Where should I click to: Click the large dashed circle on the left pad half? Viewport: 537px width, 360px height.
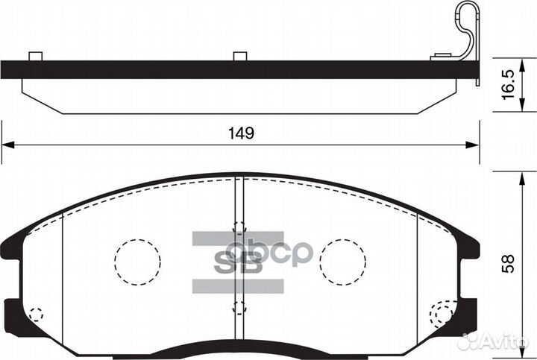pyautogui.click(x=137, y=262)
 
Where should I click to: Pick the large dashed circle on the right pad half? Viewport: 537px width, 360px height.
pyautogui.click(x=342, y=262)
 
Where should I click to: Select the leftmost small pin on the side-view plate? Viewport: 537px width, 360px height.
pyautogui.click(x=34, y=56)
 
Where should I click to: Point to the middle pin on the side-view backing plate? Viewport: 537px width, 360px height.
pyautogui.click(x=239, y=56)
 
